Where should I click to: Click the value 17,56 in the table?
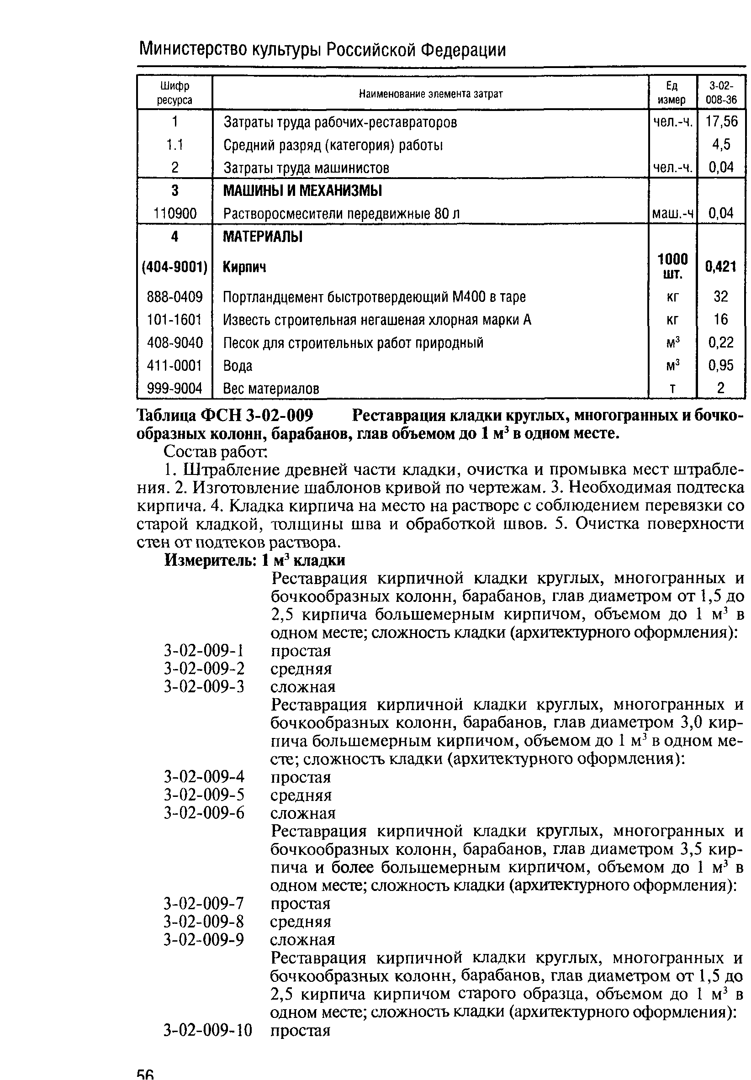click(x=721, y=121)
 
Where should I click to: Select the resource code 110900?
click(x=175, y=214)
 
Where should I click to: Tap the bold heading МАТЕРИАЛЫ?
click(x=262, y=237)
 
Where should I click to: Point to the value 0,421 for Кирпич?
click(x=720, y=267)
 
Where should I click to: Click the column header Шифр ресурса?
click(x=175, y=93)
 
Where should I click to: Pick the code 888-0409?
click(x=175, y=297)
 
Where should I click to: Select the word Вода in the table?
click(x=238, y=366)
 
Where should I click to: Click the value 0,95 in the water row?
click(x=721, y=365)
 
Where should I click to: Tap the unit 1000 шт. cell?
click(x=672, y=266)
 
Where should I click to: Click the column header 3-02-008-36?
click(x=721, y=93)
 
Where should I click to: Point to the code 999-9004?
click(x=175, y=389)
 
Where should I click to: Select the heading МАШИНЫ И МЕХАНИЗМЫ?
click(x=302, y=191)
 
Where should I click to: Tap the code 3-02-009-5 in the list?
click(x=204, y=796)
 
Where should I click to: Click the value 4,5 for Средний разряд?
click(x=721, y=144)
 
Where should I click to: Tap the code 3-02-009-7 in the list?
click(x=204, y=904)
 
